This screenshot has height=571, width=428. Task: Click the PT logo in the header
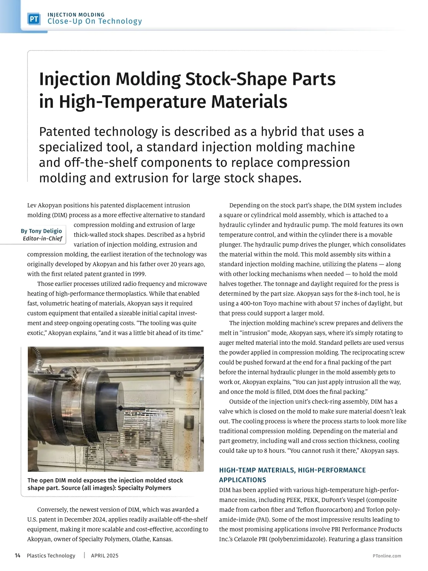click(34, 19)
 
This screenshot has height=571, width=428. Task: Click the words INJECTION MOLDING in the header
click(76, 15)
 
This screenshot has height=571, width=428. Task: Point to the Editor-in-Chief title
click(42, 239)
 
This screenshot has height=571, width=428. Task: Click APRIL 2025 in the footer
click(105, 556)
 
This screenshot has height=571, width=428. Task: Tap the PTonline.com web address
click(387, 556)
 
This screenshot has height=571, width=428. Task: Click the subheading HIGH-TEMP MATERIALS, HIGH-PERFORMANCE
click(292, 470)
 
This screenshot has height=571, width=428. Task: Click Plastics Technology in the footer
click(51, 556)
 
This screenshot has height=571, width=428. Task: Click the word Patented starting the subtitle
click(65, 132)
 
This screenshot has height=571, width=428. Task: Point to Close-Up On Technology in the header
click(95, 21)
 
